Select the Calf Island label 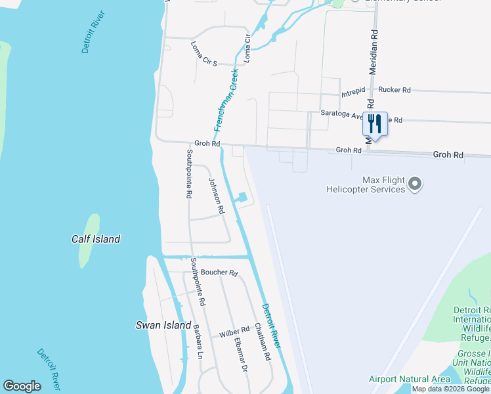click(96, 239)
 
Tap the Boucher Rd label click(219, 273)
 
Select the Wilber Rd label click(234, 332)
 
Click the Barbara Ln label click(198, 341)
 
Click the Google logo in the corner click(22, 386)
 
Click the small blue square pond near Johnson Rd click(242, 197)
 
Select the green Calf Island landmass click(89, 240)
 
